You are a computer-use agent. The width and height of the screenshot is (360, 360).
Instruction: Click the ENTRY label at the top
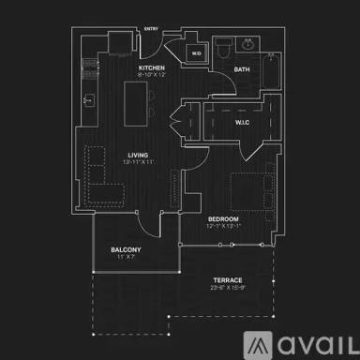click(x=151, y=29)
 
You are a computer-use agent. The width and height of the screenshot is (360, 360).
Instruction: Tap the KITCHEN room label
click(x=151, y=68)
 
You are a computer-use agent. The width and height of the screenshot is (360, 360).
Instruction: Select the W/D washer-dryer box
click(x=197, y=53)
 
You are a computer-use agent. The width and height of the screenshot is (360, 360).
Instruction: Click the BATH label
click(x=242, y=69)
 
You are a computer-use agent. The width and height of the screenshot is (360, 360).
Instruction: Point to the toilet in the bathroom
click(x=219, y=47)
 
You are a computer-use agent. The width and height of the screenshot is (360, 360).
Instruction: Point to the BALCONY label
click(x=126, y=249)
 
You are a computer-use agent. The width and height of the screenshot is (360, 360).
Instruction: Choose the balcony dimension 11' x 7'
click(x=126, y=257)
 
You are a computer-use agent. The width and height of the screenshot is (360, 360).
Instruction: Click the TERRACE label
click(x=228, y=279)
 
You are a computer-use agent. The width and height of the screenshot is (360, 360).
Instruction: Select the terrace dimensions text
click(x=228, y=287)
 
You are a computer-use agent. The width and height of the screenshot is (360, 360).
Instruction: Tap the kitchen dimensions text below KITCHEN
click(x=151, y=76)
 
